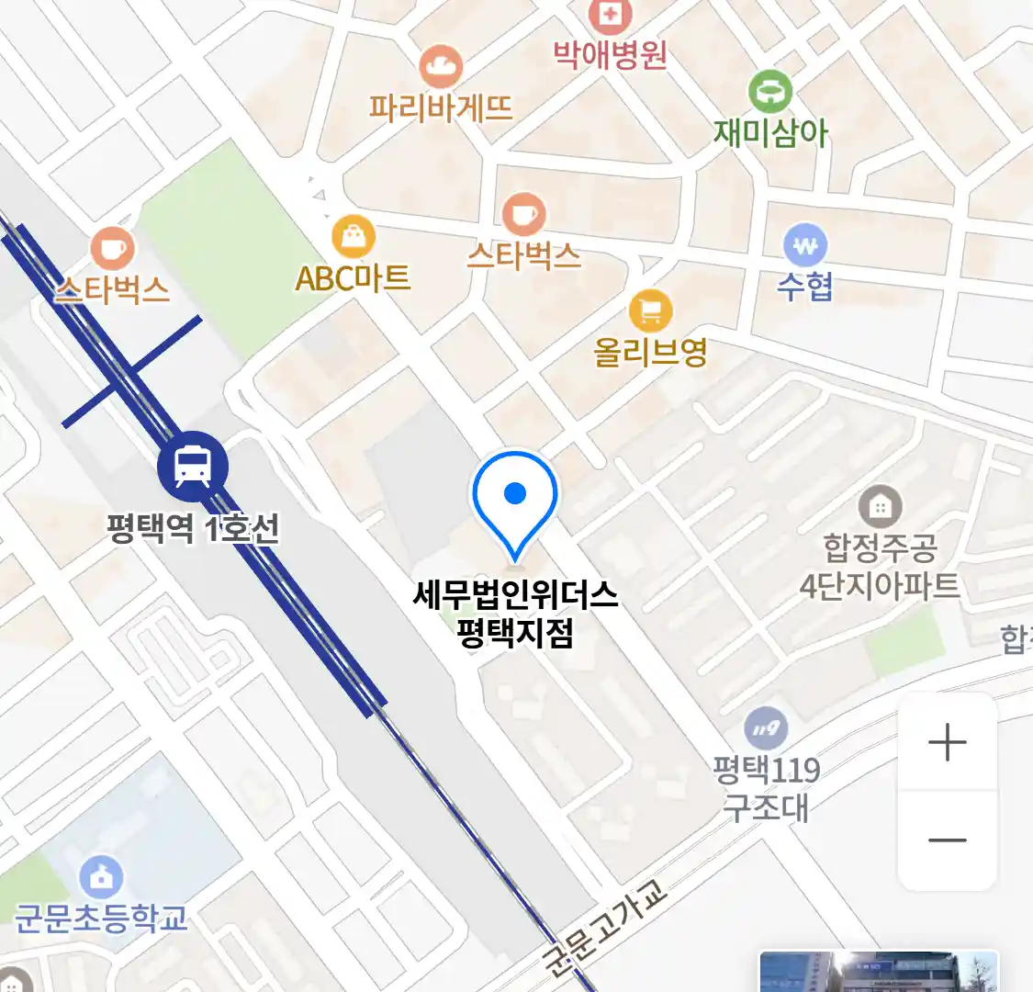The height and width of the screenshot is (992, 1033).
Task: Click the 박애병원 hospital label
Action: [610, 56]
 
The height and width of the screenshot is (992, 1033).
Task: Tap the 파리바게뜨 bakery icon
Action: [441, 66]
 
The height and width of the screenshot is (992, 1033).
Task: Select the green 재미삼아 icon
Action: [769, 92]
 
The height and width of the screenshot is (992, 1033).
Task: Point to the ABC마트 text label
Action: [353, 277]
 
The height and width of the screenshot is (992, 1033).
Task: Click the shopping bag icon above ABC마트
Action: [354, 237]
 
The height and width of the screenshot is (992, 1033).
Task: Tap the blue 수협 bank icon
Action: [805, 245]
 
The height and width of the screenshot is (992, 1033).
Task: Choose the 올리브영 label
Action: [650, 352]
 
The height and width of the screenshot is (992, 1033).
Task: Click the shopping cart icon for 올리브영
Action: [650, 312]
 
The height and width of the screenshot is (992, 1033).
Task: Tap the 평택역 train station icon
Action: [192, 466]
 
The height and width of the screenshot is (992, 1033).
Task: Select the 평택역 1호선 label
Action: [193, 528]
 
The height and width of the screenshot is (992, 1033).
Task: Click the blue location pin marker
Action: [515, 501]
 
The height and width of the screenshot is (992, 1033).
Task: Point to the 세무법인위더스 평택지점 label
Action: [515, 613]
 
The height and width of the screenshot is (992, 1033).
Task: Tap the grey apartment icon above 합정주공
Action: [880, 506]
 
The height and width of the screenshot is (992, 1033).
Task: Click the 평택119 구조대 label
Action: [767, 788]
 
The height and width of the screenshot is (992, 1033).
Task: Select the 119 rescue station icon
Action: [766, 730]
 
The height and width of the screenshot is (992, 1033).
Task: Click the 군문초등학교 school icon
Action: [101, 877]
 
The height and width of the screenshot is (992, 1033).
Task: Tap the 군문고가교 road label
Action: [602, 928]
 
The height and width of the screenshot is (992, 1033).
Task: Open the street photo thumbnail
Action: [878, 972]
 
